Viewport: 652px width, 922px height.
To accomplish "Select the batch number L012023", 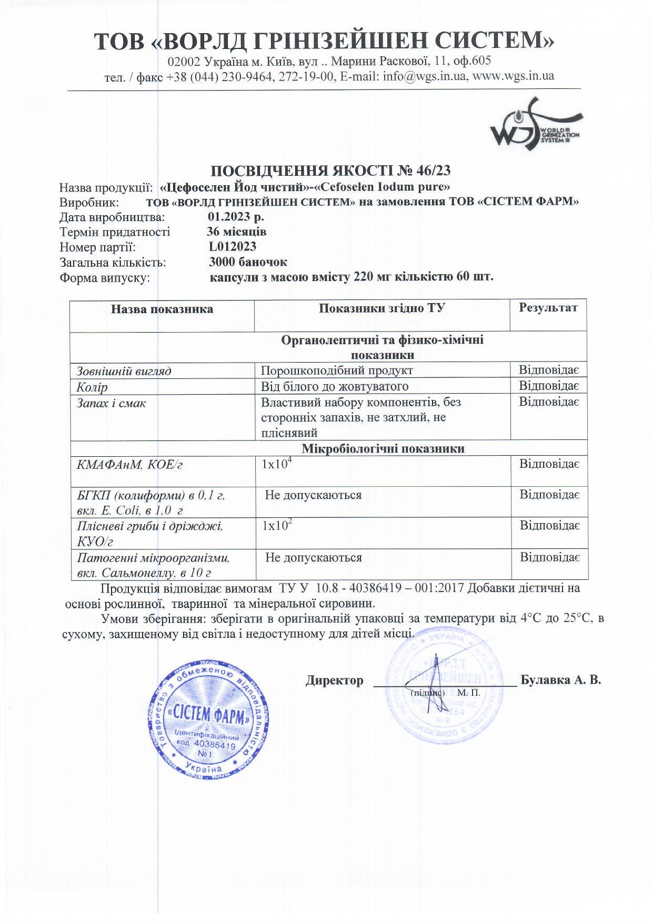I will point(232,246).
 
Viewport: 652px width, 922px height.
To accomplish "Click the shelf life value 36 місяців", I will point(237,232).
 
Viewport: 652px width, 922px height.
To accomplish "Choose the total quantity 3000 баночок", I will point(248,262).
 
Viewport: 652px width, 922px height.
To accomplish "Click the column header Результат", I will point(548,308).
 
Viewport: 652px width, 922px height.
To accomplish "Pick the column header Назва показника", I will point(162,309).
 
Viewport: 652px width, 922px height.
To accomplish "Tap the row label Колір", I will point(92,387).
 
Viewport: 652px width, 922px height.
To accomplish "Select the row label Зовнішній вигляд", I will point(124,371).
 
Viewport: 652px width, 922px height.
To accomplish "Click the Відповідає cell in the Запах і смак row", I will point(549,402).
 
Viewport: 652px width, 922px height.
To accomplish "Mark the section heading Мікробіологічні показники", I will point(383,448).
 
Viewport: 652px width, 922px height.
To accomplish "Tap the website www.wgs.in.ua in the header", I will point(513,76).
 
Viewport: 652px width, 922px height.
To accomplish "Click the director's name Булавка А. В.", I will point(560,680).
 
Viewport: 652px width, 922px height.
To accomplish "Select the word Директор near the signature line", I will point(335,680).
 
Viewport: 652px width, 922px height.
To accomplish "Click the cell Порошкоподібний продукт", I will point(337,370).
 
